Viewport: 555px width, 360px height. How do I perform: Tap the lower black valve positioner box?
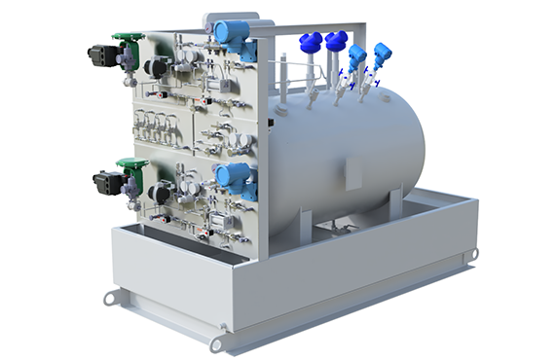pos(106,181)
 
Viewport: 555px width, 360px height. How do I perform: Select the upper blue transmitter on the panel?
pos(233,31)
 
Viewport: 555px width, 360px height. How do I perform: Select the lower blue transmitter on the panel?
pos(234,176)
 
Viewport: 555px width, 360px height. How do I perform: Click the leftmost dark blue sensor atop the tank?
pos(311,43)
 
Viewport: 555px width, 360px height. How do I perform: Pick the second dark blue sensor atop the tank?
pos(336,42)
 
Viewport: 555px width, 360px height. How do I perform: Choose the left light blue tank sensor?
pos(357,55)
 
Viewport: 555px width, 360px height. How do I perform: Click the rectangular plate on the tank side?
pos(353,176)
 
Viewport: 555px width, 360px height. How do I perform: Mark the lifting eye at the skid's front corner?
pos(217,343)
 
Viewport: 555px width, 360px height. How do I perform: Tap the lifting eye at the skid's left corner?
pos(110,298)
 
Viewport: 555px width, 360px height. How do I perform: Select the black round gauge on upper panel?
pos(154,67)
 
